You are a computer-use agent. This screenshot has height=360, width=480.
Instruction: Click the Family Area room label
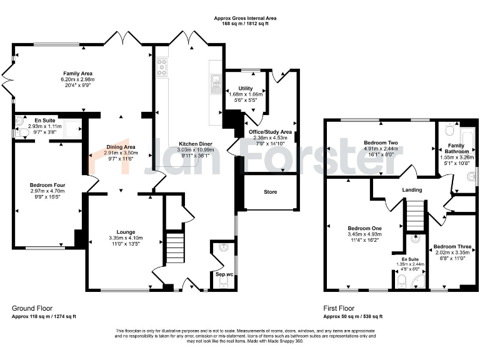(x=78, y=73)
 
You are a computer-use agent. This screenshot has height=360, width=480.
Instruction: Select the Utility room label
(x=245, y=89)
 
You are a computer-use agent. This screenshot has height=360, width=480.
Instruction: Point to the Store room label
(x=269, y=192)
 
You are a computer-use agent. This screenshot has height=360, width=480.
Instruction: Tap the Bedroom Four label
(x=47, y=185)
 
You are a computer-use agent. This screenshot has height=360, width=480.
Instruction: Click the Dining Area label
(x=119, y=147)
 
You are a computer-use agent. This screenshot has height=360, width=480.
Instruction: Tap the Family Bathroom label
(x=458, y=147)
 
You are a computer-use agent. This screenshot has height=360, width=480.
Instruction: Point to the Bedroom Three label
(x=447, y=247)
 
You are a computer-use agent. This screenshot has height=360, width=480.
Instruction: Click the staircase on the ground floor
(x=175, y=248)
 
